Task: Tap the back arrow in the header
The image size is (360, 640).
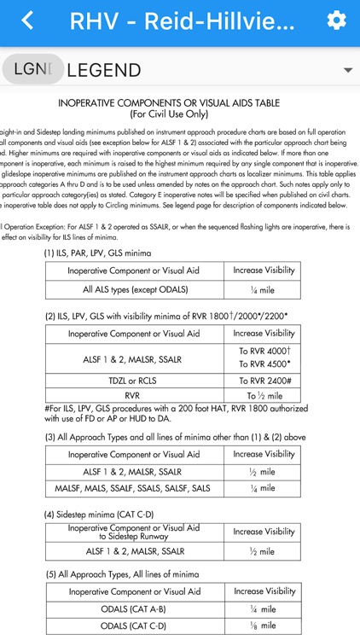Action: (28, 20)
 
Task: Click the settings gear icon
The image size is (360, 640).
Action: (337, 20)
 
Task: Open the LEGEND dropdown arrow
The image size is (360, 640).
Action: (347, 70)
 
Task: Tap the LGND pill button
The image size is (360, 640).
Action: (32, 69)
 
